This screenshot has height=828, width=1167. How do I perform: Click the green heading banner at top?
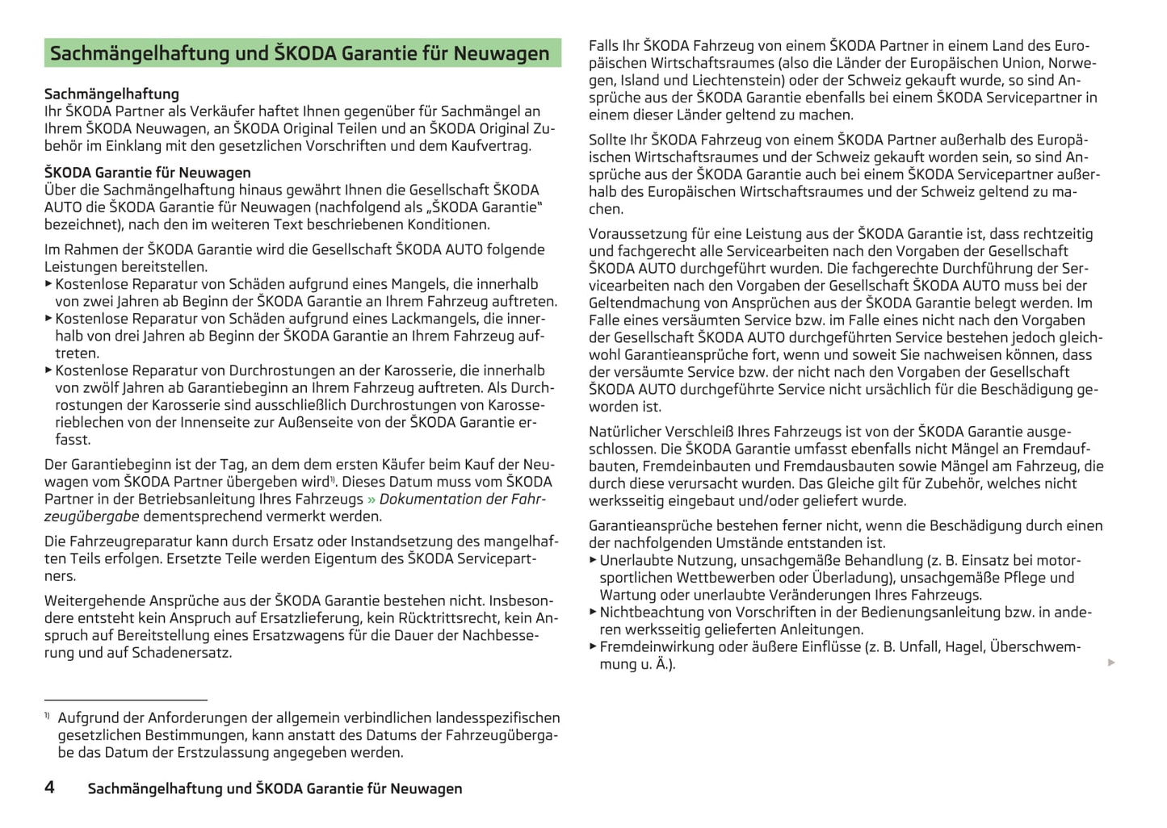pyautogui.click(x=302, y=53)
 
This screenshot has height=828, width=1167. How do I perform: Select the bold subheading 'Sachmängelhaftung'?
pyautogui.click(x=111, y=94)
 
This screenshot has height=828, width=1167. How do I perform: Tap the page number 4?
pyautogui.click(x=49, y=787)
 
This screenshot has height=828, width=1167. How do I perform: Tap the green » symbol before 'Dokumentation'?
pyautogui.click(x=372, y=499)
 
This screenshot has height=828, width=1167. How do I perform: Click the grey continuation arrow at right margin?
pyautogui.click(x=1111, y=663)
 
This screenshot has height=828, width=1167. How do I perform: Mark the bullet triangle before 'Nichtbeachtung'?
pyautogui.click(x=593, y=612)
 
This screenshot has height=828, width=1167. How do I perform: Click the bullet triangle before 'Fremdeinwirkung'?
pyautogui.click(x=593, y=646)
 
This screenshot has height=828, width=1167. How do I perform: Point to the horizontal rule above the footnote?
pyautogui.click(x=126, y=700)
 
